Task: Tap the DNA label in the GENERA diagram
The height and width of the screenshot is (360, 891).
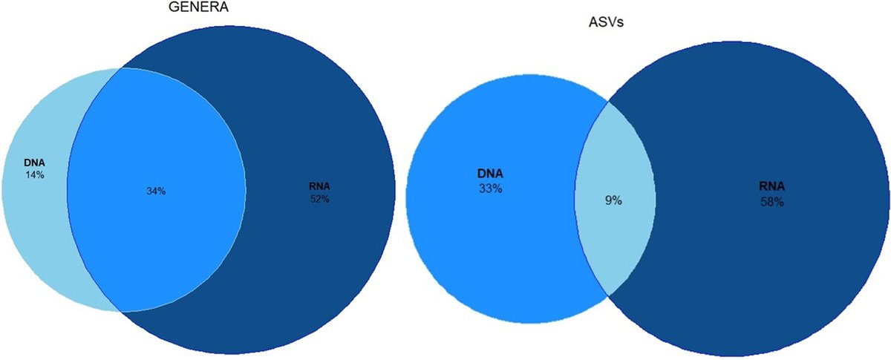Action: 36,163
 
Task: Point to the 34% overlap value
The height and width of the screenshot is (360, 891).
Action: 156,191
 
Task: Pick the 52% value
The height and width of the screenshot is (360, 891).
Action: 320,199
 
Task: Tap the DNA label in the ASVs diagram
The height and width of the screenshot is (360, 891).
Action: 491,174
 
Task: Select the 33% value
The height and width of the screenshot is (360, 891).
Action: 491,189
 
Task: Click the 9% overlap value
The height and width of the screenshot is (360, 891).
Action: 613,200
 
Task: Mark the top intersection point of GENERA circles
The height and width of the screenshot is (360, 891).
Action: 120,68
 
